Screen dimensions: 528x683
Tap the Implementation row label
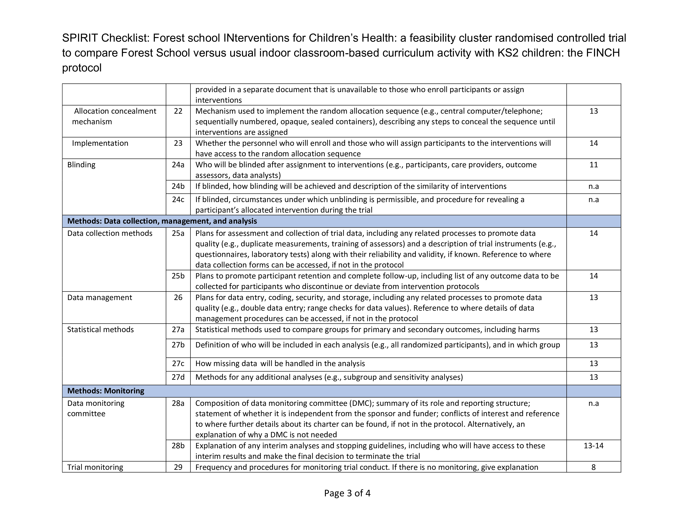point(100,143)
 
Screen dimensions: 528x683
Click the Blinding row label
point(81,165)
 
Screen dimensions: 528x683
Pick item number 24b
point(178,186)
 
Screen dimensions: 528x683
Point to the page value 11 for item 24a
point(593,165)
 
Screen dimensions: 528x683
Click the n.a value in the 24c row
point(593,200)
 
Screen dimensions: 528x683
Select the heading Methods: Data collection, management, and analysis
point(162,221)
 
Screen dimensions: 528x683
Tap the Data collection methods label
point(110,233)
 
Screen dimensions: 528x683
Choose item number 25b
point(178,276)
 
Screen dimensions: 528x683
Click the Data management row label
point(99,298)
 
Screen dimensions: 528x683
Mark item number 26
point(178,298)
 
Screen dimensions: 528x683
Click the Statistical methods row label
point(100,330)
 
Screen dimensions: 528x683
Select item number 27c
point(178,363)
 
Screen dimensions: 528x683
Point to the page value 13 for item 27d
point(593,377)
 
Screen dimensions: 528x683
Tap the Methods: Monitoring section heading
point(106,391)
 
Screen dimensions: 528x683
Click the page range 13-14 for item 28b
point(593,446)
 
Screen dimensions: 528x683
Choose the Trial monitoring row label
point(95,467)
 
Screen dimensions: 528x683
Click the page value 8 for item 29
point(593,467)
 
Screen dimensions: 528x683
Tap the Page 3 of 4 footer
point(347,493)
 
